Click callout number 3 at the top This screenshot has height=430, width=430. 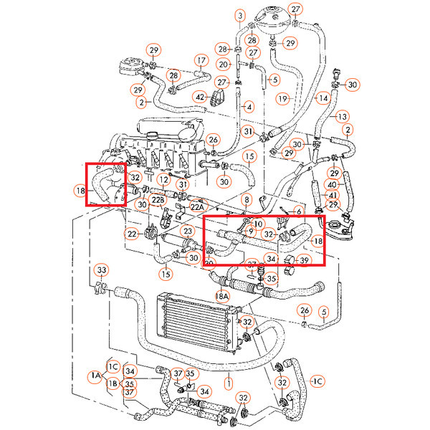pyautogui.click(x=239, y=14)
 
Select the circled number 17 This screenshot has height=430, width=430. pyautogui.click(x=201, y=61)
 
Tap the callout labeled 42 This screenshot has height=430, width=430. pyautogui.click(x=201, y=97)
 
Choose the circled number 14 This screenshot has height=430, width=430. pyautogui.click(x=323, y=97)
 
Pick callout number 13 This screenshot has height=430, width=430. pyautogui.click(x=342, y=116)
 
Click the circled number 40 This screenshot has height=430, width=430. pyautogui.click(x=333, y=184)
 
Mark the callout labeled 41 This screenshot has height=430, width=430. pyautogui.click(x=333, y=195)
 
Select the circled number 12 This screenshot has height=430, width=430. pyautogui.click(x=163, y=178)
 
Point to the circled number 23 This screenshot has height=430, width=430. pyautogui.click(x=187, y=231)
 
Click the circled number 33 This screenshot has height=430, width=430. pyautogui.click(x=102, y=269)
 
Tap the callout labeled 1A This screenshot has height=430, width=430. pyautogui.click(x=95, y=375)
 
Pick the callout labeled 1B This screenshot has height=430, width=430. pyautogui.click(x=113, y=384)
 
